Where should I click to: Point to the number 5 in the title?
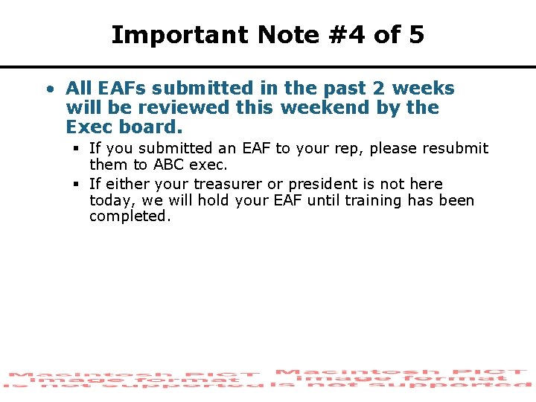(x=416, y=35)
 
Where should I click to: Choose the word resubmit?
(x=456, y=149)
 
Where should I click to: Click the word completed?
(x=130, y=217)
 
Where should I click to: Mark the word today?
(x=109, y=200)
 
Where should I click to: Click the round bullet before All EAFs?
(x=48, y=89)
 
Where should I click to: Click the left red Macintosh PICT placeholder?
(x=134, y=380)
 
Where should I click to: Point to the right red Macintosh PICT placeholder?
(x=403, y=378)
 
